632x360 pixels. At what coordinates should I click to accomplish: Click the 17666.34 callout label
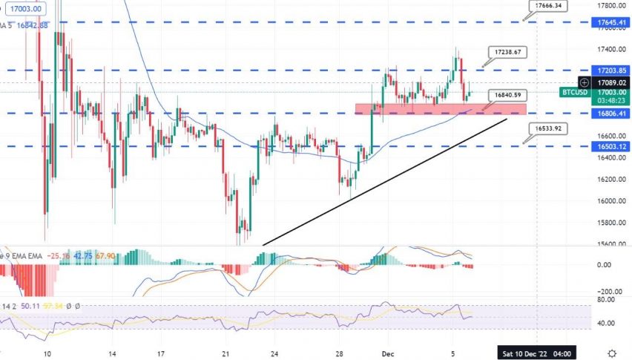pos(550,6)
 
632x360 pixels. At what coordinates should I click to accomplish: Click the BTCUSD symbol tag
pos(574,92)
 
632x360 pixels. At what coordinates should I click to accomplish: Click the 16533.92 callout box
pos(550,128)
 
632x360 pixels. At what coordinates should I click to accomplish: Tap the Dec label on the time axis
pos(387,353)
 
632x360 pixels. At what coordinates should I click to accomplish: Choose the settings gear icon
pos(612,353)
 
